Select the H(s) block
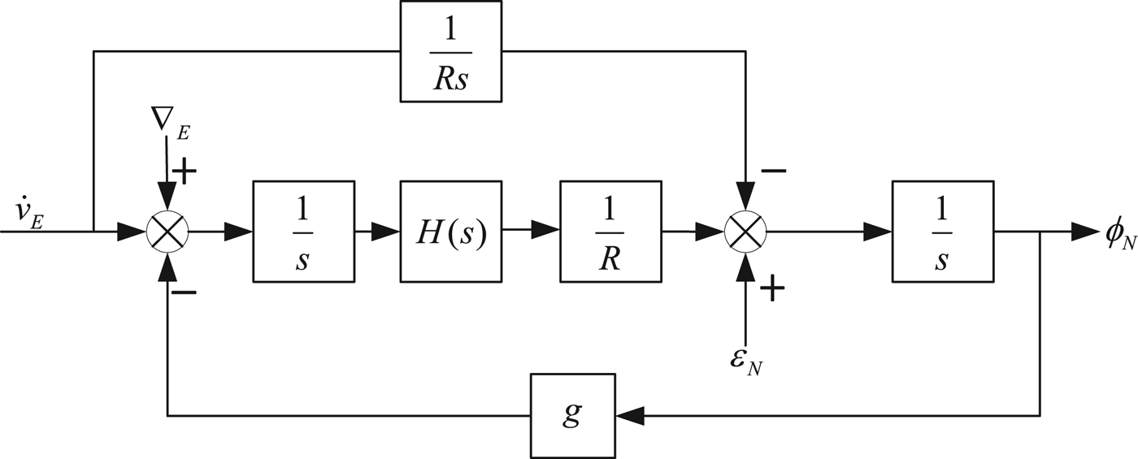pyautogui.click(x=451, y=232)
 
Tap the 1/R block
pyautogui.click(x=611, y=232)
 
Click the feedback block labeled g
pyautogui.click(x=573, y=415)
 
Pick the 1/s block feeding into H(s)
pyautogui.click(x=303, y=232)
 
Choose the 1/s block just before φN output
pyautogui.click(x=942, y=232)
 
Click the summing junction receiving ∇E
pyautogui.click(x=167, y=232)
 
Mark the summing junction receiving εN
pyautogui.click(x=745, y=232)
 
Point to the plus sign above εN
pyautogui.click(x=771, y=289)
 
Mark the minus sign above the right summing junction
pyautogui.click(x=773, y=171)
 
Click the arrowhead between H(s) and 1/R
pyautogui.click(x=546, y=232)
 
